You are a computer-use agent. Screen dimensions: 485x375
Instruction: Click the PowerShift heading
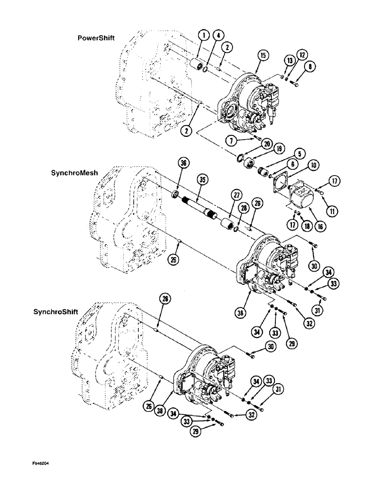coord(96,38)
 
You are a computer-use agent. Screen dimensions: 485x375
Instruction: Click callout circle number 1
coord(204,35)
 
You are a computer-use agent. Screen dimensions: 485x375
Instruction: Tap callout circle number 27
coord(237,195)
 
